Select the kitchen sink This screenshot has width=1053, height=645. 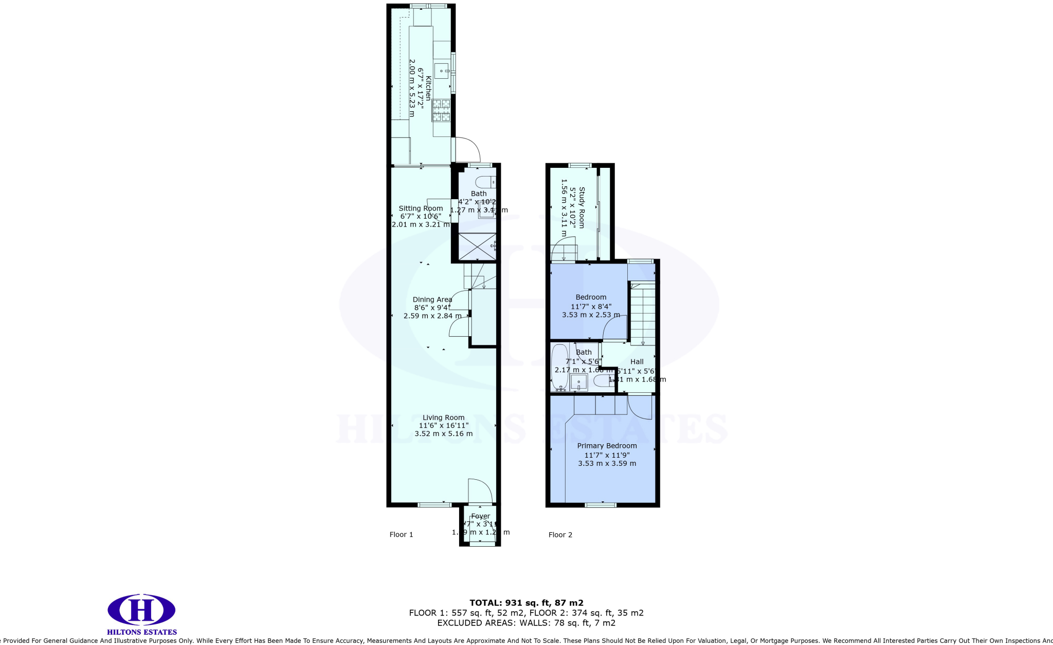(441, 71)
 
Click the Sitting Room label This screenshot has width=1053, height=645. (421, 208)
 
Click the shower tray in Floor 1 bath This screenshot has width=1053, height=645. (477, 246)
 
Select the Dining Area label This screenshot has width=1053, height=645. (432, 300)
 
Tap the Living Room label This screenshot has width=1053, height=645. (443, 418)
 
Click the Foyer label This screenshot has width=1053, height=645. (481, 516)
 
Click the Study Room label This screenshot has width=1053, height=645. (582, 207)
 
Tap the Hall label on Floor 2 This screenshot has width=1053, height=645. (637, 362)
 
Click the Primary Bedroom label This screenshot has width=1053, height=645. (607, 446)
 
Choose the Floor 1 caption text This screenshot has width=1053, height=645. (401, 534)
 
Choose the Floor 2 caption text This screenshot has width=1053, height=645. (560, 534)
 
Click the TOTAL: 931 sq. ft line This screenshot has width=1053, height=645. (526, 603)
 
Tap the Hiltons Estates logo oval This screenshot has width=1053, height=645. (141, 611)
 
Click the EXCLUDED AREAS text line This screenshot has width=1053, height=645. (526, 623)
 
